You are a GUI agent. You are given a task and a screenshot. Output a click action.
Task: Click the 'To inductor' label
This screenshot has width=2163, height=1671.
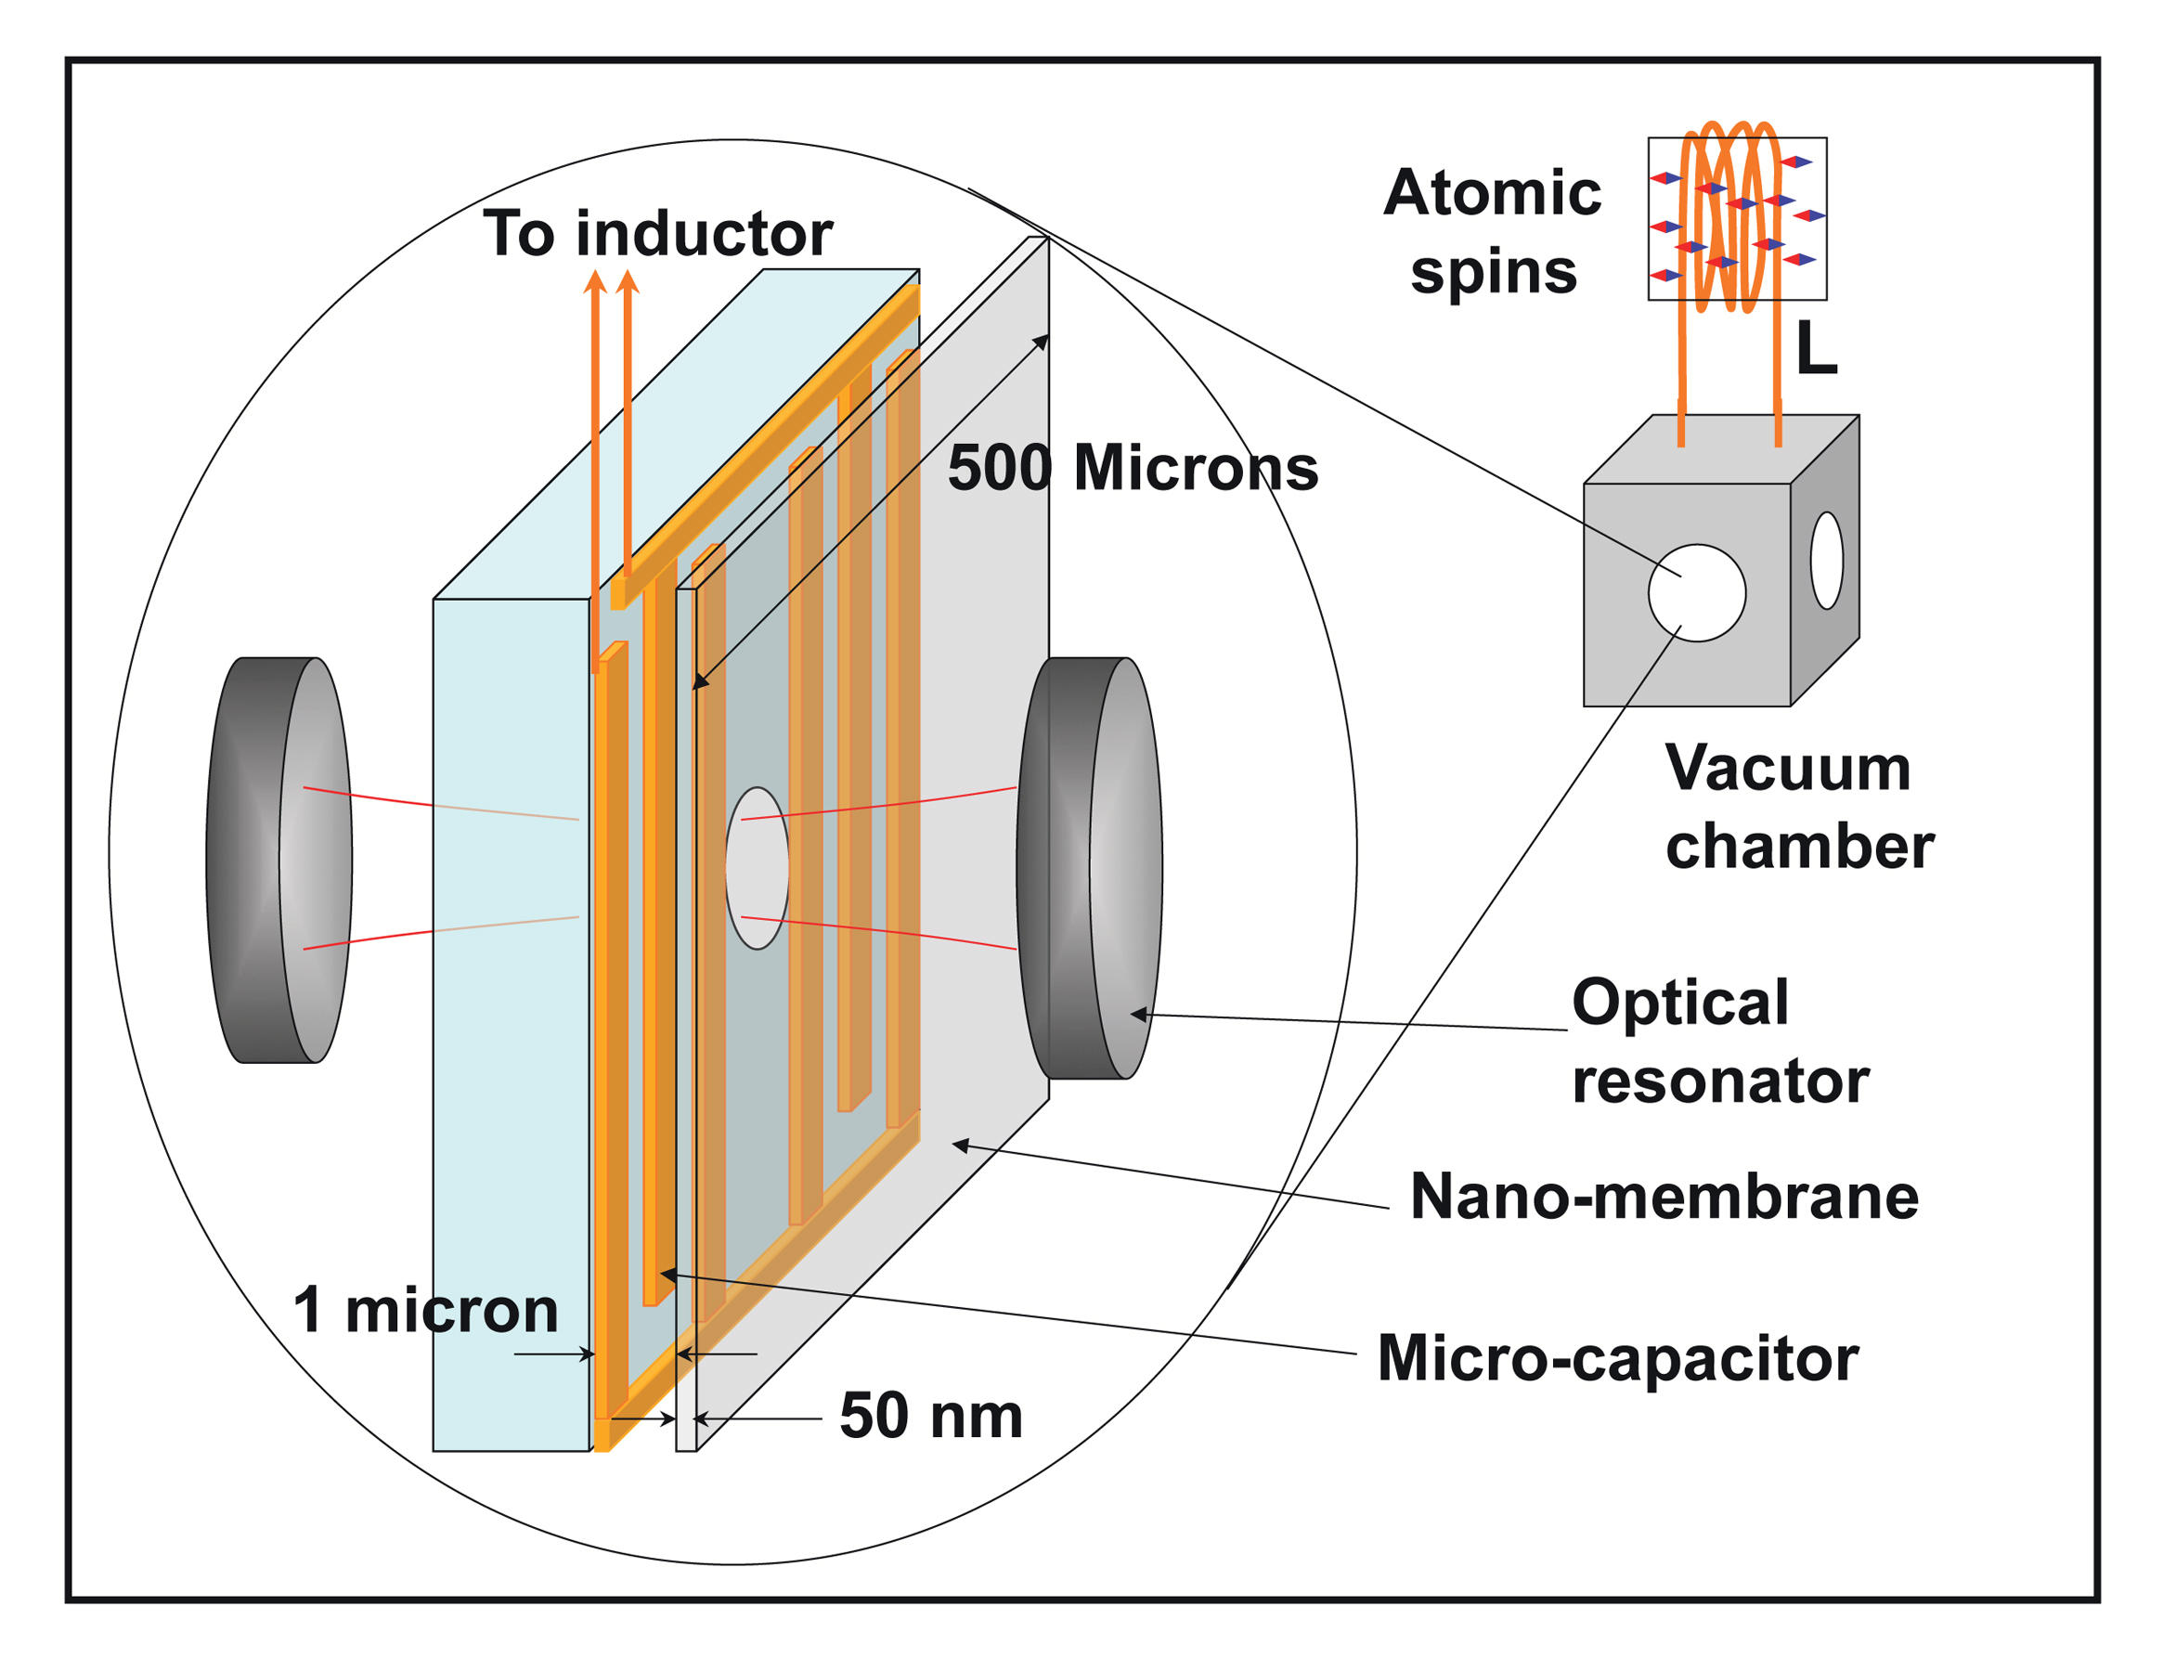pyautogui.click(x=656, y=235)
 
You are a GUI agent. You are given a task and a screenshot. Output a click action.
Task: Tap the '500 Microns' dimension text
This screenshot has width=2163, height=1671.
pyautogui.click(x=1132, y=468)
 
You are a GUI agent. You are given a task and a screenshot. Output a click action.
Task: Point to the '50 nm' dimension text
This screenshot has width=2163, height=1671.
pyautogui.click(x=930, y=1416)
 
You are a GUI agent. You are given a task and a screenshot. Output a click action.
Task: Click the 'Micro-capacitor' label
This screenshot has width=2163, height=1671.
pyautogui.click(x=1617, y=1358)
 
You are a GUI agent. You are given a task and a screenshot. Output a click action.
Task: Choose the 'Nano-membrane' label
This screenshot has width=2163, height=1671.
pyautogui.click(x=1664, y=1197)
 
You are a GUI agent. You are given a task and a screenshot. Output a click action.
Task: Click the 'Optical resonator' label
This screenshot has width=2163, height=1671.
pyautogui.click(x=1720, y=1041)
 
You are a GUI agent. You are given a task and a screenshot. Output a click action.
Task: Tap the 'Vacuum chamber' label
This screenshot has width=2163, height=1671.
pyautogui.click(x=1797, y=808)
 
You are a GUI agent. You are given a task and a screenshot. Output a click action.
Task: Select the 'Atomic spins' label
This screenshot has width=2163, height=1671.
pyautogui.click(x=1493, y=232)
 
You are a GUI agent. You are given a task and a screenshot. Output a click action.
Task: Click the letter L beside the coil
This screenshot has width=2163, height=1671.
pyautogui.click(x=1816, y=349)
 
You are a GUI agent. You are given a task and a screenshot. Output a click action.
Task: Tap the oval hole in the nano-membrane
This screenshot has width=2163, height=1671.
pyautogui.click(x=758, y=868)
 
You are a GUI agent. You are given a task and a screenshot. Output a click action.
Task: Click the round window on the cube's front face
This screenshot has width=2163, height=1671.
pyautogui.click(x=1697, y=592)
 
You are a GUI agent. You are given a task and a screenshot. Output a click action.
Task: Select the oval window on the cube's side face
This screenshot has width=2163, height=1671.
pyautogui.click(x=1826, y=560)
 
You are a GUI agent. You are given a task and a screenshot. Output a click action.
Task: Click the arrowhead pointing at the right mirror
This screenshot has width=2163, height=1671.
pyautogui.click(x=1139, y=1015)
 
